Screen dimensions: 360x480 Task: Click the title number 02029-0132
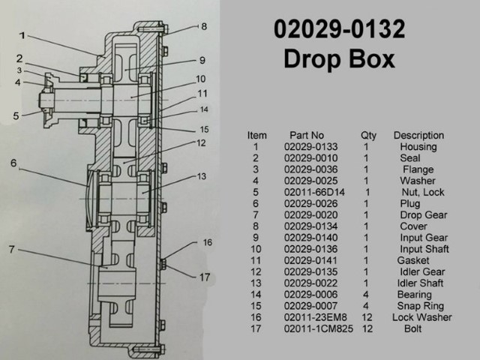(x=339, y=29)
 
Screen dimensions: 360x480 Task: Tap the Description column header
(x=418, y=136)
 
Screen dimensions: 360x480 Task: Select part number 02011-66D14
(x=309, y=193)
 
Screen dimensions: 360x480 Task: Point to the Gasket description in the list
(x=412, y=260)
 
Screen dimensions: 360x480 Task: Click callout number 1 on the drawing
(x=23, y=34)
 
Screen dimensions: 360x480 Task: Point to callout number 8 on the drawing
(x=203, y=27)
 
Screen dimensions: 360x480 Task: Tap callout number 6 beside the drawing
(x=14, y=163)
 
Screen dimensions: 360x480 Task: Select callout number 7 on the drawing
(x=11, y=249)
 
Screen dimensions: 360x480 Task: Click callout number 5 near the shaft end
(x=16, y=116)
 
